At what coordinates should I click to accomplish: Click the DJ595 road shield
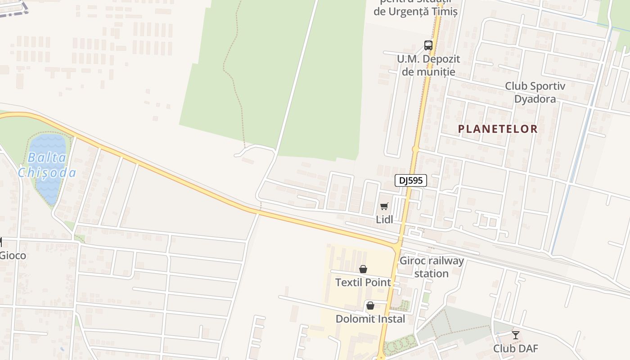tap(410, 180)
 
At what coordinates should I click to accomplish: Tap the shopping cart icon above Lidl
tap(384, 206)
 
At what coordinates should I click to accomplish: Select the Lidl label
tap(384, 219)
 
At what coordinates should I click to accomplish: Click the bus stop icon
tap(428, 45)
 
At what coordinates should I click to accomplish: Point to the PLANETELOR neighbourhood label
tap(498, 129)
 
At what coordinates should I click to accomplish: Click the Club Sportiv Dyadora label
tap(535, 92)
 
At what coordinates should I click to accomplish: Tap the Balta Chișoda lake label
tap(47, 165)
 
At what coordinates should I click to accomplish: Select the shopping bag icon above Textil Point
tap(363, 269)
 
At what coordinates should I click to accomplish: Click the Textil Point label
tap(363, 283)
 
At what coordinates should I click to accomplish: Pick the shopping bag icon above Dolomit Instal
tap(370, 306)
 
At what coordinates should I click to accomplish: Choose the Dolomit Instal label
tap(370, 319)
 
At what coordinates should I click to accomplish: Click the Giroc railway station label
tap(432, 267)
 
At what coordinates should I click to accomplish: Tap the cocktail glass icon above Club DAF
tap(515, 335)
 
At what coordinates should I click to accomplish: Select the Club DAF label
tap(515, 348)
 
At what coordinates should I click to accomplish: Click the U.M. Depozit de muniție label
tap(428, 65)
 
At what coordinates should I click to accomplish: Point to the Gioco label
tap(13, 256)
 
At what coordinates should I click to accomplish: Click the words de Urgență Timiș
tap(415, 12)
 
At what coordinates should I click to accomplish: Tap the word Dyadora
tap(535, 99)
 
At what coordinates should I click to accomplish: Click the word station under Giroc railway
tap(432, 274)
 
